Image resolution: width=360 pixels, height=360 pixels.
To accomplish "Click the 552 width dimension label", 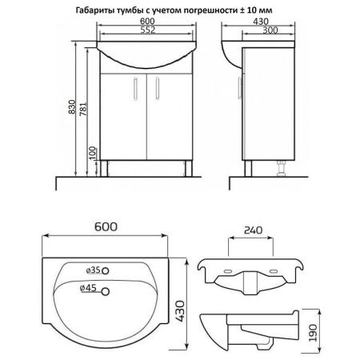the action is pyautogui.click(x=148, y=30).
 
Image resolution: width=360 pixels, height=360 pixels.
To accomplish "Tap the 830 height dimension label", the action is pyautogui.click(x=72, y=107).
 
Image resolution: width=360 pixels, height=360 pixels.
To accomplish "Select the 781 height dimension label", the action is pyautogui.click(x=83, y=109).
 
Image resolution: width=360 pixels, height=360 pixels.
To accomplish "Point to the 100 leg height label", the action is pyautogui.click(x=92, y=153).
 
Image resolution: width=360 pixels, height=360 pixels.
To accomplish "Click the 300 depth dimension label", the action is pyautogui.click(x=270, y=30).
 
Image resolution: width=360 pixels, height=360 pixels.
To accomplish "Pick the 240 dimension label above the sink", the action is pyautogui.click(x=253, y=230).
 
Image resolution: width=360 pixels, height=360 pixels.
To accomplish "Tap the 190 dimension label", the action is pyautogui.click(x=313, y=333).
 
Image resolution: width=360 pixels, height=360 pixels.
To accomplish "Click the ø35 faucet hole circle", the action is pyautogui.click(x=106, y=271).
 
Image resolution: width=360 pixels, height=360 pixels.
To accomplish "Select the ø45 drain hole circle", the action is pyautogui.click(x=106, y=292).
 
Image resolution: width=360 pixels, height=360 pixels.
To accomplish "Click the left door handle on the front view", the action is pyautogui.click(x=136, y=89).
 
